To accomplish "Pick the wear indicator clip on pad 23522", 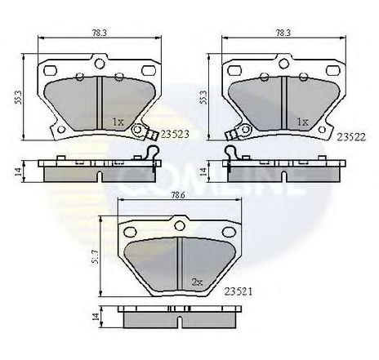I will pos(234,131).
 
